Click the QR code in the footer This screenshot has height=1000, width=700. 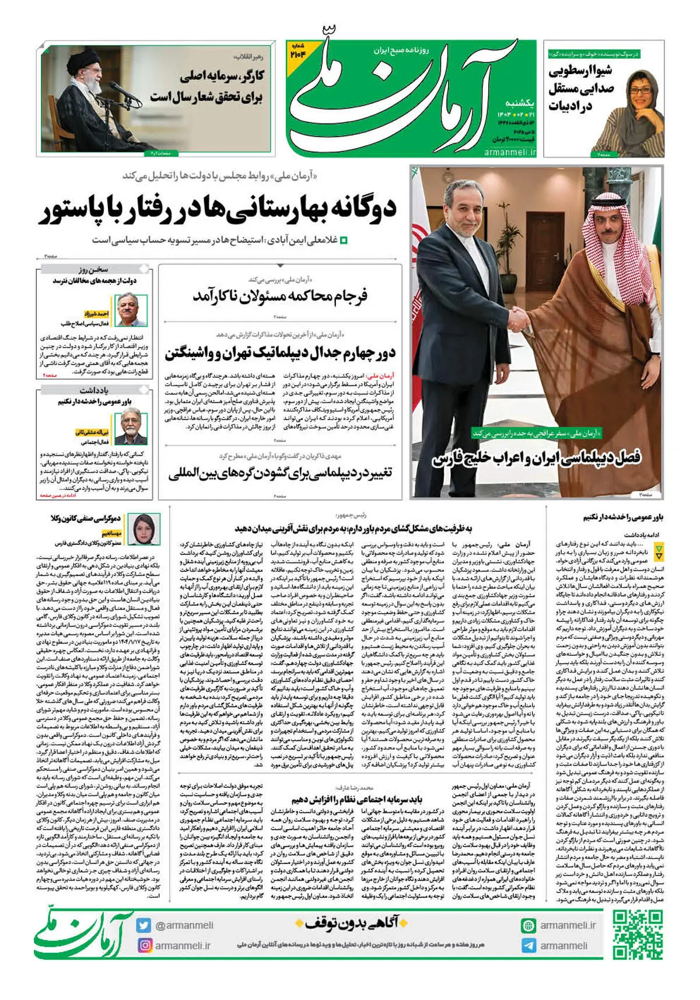pos(637,935)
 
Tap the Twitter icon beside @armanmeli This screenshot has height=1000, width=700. pos(143,925)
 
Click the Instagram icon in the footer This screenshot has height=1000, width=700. pos(144,945)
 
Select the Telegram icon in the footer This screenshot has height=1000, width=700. pos(528,946)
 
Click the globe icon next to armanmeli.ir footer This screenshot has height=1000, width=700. pos(528,925)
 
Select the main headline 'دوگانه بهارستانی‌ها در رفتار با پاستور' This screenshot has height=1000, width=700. pos(219,210)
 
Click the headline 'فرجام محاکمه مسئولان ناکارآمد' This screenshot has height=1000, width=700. pos(281,296)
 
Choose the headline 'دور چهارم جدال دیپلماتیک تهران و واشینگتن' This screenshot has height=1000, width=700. pos(280,353)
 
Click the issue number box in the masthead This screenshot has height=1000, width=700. pos(298,52)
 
